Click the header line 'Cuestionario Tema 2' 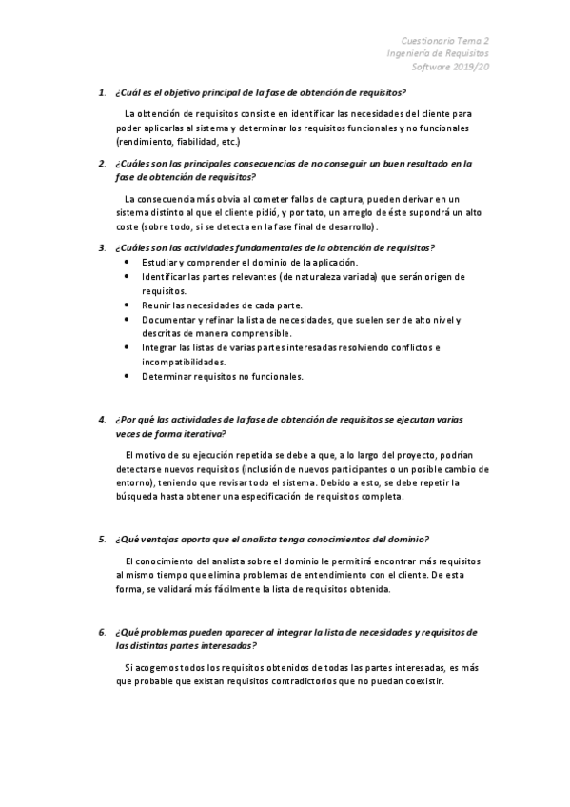(445, 41)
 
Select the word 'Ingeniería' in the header (413, 54)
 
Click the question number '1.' (102, 92)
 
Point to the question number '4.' (102, 419)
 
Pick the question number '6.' (102, 632)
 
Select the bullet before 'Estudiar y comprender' (128, 262)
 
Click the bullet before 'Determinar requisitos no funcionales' (128, 376)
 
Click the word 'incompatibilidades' (185, 362)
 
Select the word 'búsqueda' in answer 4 (134, 497)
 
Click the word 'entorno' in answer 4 (134, 482)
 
